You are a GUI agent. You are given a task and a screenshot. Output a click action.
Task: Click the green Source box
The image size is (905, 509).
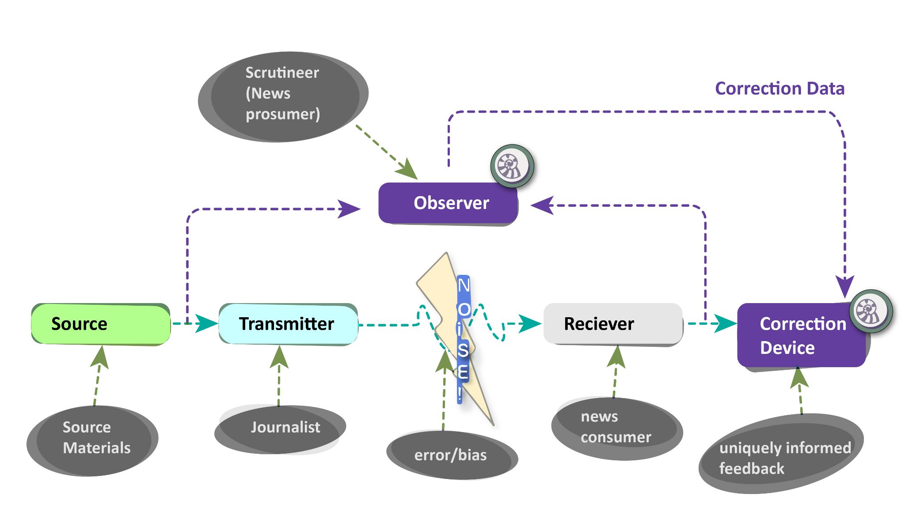(x=101, y=324)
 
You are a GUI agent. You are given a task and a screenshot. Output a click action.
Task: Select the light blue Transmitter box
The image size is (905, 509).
(x=288, y=324)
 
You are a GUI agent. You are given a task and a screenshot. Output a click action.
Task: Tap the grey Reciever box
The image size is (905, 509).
(x=613, y=324)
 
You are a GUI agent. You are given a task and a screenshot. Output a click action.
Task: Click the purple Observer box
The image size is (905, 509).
(x=448, y=203)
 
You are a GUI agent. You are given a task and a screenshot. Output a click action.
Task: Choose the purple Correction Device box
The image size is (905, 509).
(x=801, y=336)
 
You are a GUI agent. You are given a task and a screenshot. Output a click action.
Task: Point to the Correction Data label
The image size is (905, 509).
(x=780, y=89)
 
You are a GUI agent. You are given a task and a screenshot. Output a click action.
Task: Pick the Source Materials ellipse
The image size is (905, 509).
(x=93, y=440)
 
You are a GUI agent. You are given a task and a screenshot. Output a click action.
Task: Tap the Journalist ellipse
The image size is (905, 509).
(x=280, y=429)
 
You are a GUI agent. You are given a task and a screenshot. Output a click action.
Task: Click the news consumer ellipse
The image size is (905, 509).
(x=616, y=428)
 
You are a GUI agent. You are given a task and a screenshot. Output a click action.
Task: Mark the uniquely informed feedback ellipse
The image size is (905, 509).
(x=781, y=455)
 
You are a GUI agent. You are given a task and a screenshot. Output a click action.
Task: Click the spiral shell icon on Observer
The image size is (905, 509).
(x=512, y=166)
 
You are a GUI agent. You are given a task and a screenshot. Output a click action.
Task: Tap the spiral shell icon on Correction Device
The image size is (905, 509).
(x=871, y=311)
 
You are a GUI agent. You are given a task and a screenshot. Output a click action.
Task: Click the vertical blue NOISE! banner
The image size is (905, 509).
(x=463, y=338)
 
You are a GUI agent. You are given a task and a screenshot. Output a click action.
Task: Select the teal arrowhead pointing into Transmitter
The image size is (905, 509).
(x=205, y=323)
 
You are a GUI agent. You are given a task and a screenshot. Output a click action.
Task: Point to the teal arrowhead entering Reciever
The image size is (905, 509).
(x=529, y=323)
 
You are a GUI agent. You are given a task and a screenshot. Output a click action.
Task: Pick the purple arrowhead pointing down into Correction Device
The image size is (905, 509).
(x=844, y=286)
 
